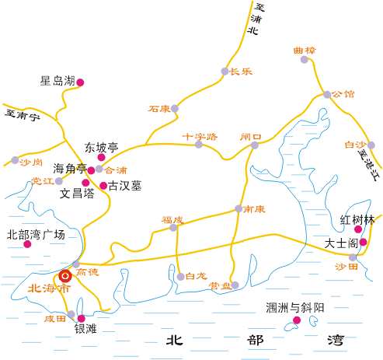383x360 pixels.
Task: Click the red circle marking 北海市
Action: pyautogui.click(x=65, y=276)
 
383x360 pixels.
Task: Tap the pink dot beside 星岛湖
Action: pyautogui.click(x=80, y=82)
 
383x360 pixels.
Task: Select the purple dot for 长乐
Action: pyautogui.click(x=225, y=72)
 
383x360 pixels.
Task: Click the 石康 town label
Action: pyautogui.click(x=159, y=109)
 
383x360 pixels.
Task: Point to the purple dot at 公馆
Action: pyautogui.click(x=327, y=94)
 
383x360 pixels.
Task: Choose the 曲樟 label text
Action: pyautogui.click(x=305, y=51)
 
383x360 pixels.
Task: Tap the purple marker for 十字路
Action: pyautogui.click(x=199, y=145)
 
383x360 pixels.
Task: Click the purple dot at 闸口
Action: pyautogui.click(x=255, y=145)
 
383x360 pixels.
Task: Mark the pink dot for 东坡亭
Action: pyautogui.click(x=101, y=157)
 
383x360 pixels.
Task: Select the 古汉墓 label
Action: pyautogui.click(x=125, y=186)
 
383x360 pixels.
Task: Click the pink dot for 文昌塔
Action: pyautogui.click(x=85, y=183)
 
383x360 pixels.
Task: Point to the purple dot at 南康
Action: pyautogui.click(x=239, y=208)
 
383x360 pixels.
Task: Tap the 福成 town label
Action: pyautogui.click(x=172, y=220)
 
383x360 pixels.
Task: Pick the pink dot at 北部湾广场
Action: pyautogui.click(x=27, y=244)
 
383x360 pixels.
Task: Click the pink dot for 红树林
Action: pyautogui.click(x=358, y=229)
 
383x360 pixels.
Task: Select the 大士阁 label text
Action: pyautogui.click(x=341, y=243)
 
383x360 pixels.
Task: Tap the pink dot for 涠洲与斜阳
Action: pyautogui.click(x=297, y=320)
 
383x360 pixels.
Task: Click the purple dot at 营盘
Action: pyautogui.click(x=235, y=285)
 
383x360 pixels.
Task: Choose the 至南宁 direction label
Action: pyautogui.click(x=23, y=116)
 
